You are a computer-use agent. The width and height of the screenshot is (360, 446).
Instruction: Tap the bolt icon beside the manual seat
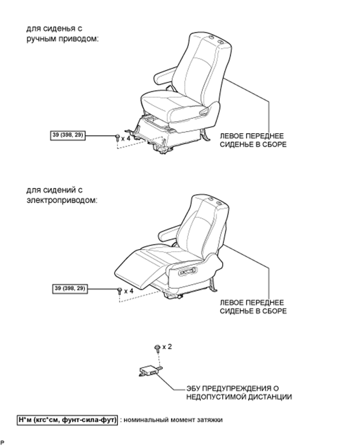(117, 138)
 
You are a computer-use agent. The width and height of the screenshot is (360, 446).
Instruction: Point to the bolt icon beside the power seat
(119, 291)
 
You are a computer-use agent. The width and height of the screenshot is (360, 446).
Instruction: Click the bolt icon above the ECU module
(157, 348)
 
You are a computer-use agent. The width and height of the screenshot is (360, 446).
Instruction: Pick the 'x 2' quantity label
(167, 347)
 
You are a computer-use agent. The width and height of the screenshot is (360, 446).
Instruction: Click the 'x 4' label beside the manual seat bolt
(126, 138)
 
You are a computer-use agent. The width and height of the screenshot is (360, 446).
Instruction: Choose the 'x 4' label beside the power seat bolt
(128, 291)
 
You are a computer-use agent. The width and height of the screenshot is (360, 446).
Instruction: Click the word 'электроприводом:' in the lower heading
(62, 200)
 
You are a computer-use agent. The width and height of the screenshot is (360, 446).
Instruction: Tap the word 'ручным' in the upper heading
(42, 39)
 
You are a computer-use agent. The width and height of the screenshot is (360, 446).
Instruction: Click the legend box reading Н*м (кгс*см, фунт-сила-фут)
(67, 420)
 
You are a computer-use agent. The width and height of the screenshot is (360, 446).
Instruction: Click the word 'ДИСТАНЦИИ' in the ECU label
(270, 397)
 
